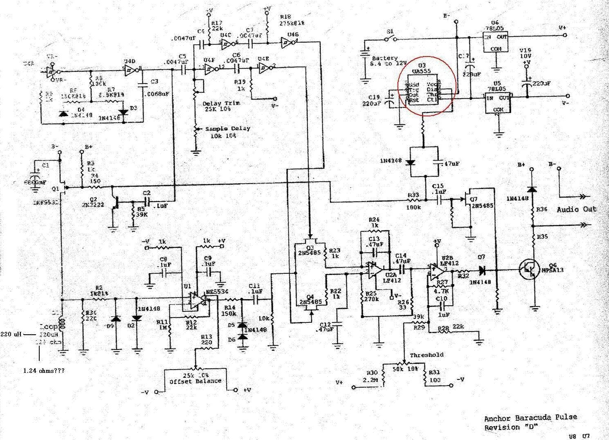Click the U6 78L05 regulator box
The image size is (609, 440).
tap(496, 42)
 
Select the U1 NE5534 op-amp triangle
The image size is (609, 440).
tap(198, 299)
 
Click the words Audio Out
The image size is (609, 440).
tap(576, 209)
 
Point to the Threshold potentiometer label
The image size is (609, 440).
tap(427, 355)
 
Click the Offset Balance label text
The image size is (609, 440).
tap(196, 381)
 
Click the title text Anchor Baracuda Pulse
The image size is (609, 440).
tap(530, 418)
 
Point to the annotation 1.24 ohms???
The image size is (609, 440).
tap(44, 371)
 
